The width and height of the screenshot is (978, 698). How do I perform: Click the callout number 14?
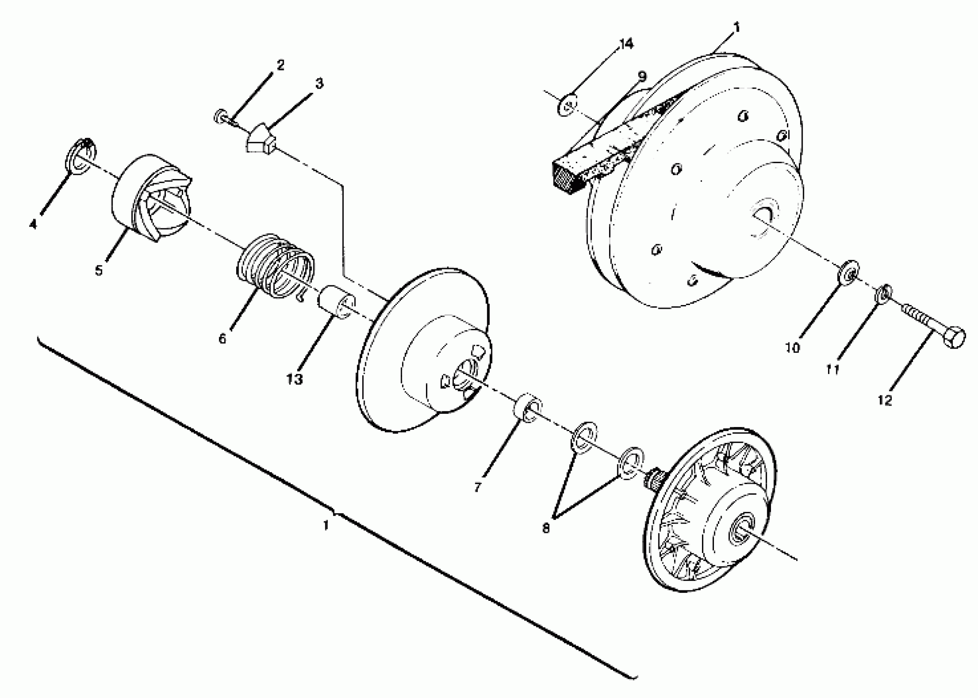[x=626, y=44]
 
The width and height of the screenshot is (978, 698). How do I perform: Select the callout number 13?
[x=295, y=379]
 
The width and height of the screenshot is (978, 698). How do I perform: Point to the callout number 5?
[x=99, y=270]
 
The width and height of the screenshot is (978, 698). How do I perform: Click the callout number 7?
[x=478, y=487]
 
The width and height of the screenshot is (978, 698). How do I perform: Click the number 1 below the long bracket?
[x=326, y=525]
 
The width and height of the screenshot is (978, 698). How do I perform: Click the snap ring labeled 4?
[x=81, y=157]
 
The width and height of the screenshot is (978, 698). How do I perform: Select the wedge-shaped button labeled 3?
[x=260, y=140]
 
